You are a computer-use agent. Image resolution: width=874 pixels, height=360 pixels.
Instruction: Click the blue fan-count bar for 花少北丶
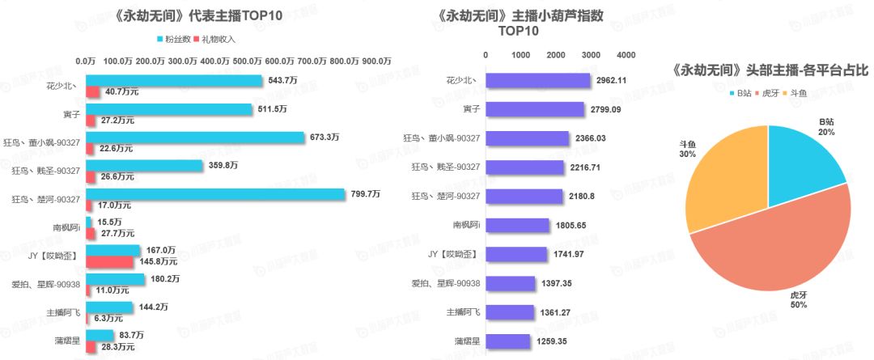pyautogui.click(x=173, y=81)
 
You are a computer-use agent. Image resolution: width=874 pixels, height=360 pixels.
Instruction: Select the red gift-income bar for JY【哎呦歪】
pyautogui.click(x=109, y=262)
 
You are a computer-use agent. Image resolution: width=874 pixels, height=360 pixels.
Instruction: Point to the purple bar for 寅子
pyautogui.click(x=535, y=109)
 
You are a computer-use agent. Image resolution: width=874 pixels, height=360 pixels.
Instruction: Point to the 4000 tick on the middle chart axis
pyautogui.click(x=626, y=55)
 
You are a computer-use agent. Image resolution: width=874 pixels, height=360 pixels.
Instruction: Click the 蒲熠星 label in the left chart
pyautogui.click(x=65, y=341)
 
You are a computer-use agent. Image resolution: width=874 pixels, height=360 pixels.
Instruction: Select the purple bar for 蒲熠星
pyautogui.click(x=508, y=341)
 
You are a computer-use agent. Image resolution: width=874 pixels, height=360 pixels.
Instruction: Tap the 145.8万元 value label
pyautogui.click(x=158, y=262)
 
